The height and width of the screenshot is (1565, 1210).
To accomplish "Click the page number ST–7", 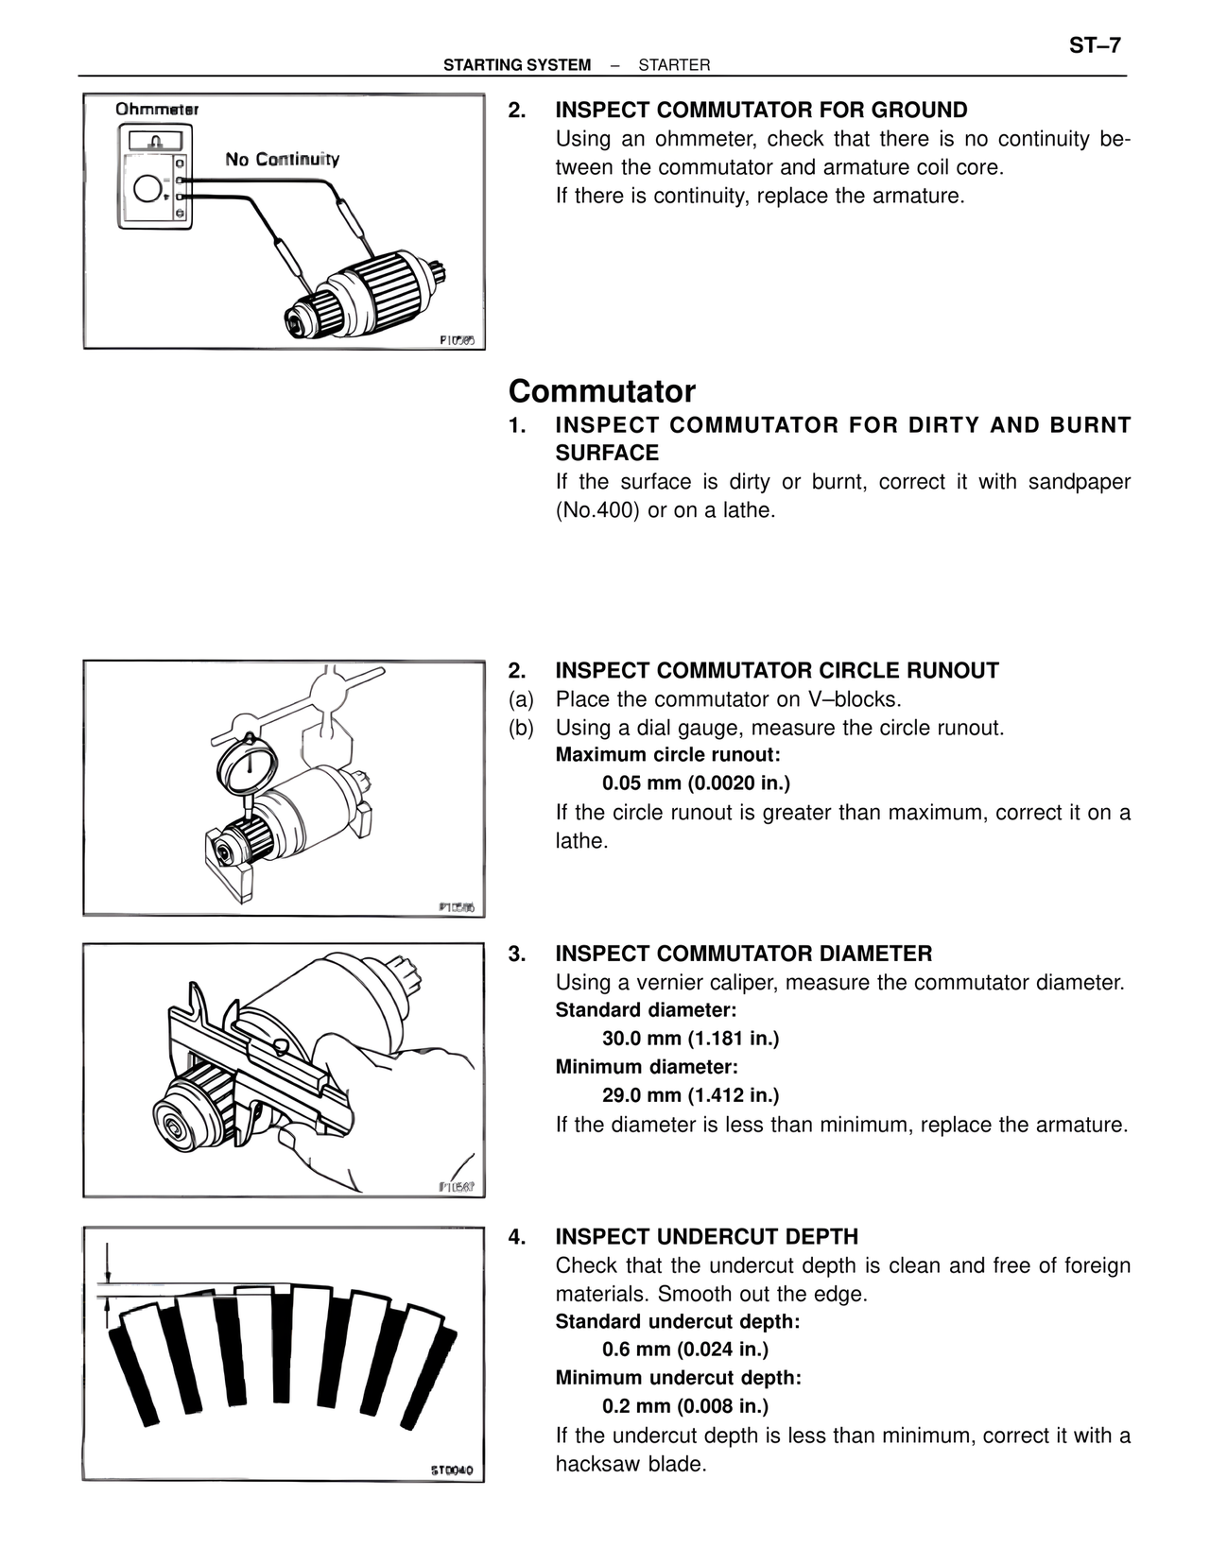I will point(1095,45).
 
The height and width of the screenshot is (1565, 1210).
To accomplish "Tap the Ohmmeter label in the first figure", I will point(157,110).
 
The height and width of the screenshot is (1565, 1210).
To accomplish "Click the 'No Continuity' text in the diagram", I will point(282,159).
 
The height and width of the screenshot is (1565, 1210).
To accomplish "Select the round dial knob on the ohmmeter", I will point(148,190).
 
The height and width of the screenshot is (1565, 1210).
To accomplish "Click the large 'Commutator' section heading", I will point(601,391).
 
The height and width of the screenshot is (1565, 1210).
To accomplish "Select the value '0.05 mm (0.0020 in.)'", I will point(696,783).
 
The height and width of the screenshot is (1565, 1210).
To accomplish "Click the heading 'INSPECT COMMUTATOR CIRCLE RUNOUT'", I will point(776,671).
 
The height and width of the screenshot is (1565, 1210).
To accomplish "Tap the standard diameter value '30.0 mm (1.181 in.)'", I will point(690,1039).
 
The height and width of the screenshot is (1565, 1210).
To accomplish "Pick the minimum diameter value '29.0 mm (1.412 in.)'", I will point(690,1095).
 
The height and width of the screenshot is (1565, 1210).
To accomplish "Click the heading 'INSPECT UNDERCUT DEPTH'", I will point(706,1237).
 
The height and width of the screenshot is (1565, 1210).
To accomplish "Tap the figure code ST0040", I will point(451,1471).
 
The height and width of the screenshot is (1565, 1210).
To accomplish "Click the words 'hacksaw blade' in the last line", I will point(631,1465).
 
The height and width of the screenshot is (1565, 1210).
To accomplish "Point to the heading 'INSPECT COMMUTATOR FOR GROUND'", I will point(761,110).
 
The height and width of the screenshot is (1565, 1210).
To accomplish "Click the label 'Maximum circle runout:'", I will point(667,755).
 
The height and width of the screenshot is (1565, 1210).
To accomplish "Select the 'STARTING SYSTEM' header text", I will point(517,65).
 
